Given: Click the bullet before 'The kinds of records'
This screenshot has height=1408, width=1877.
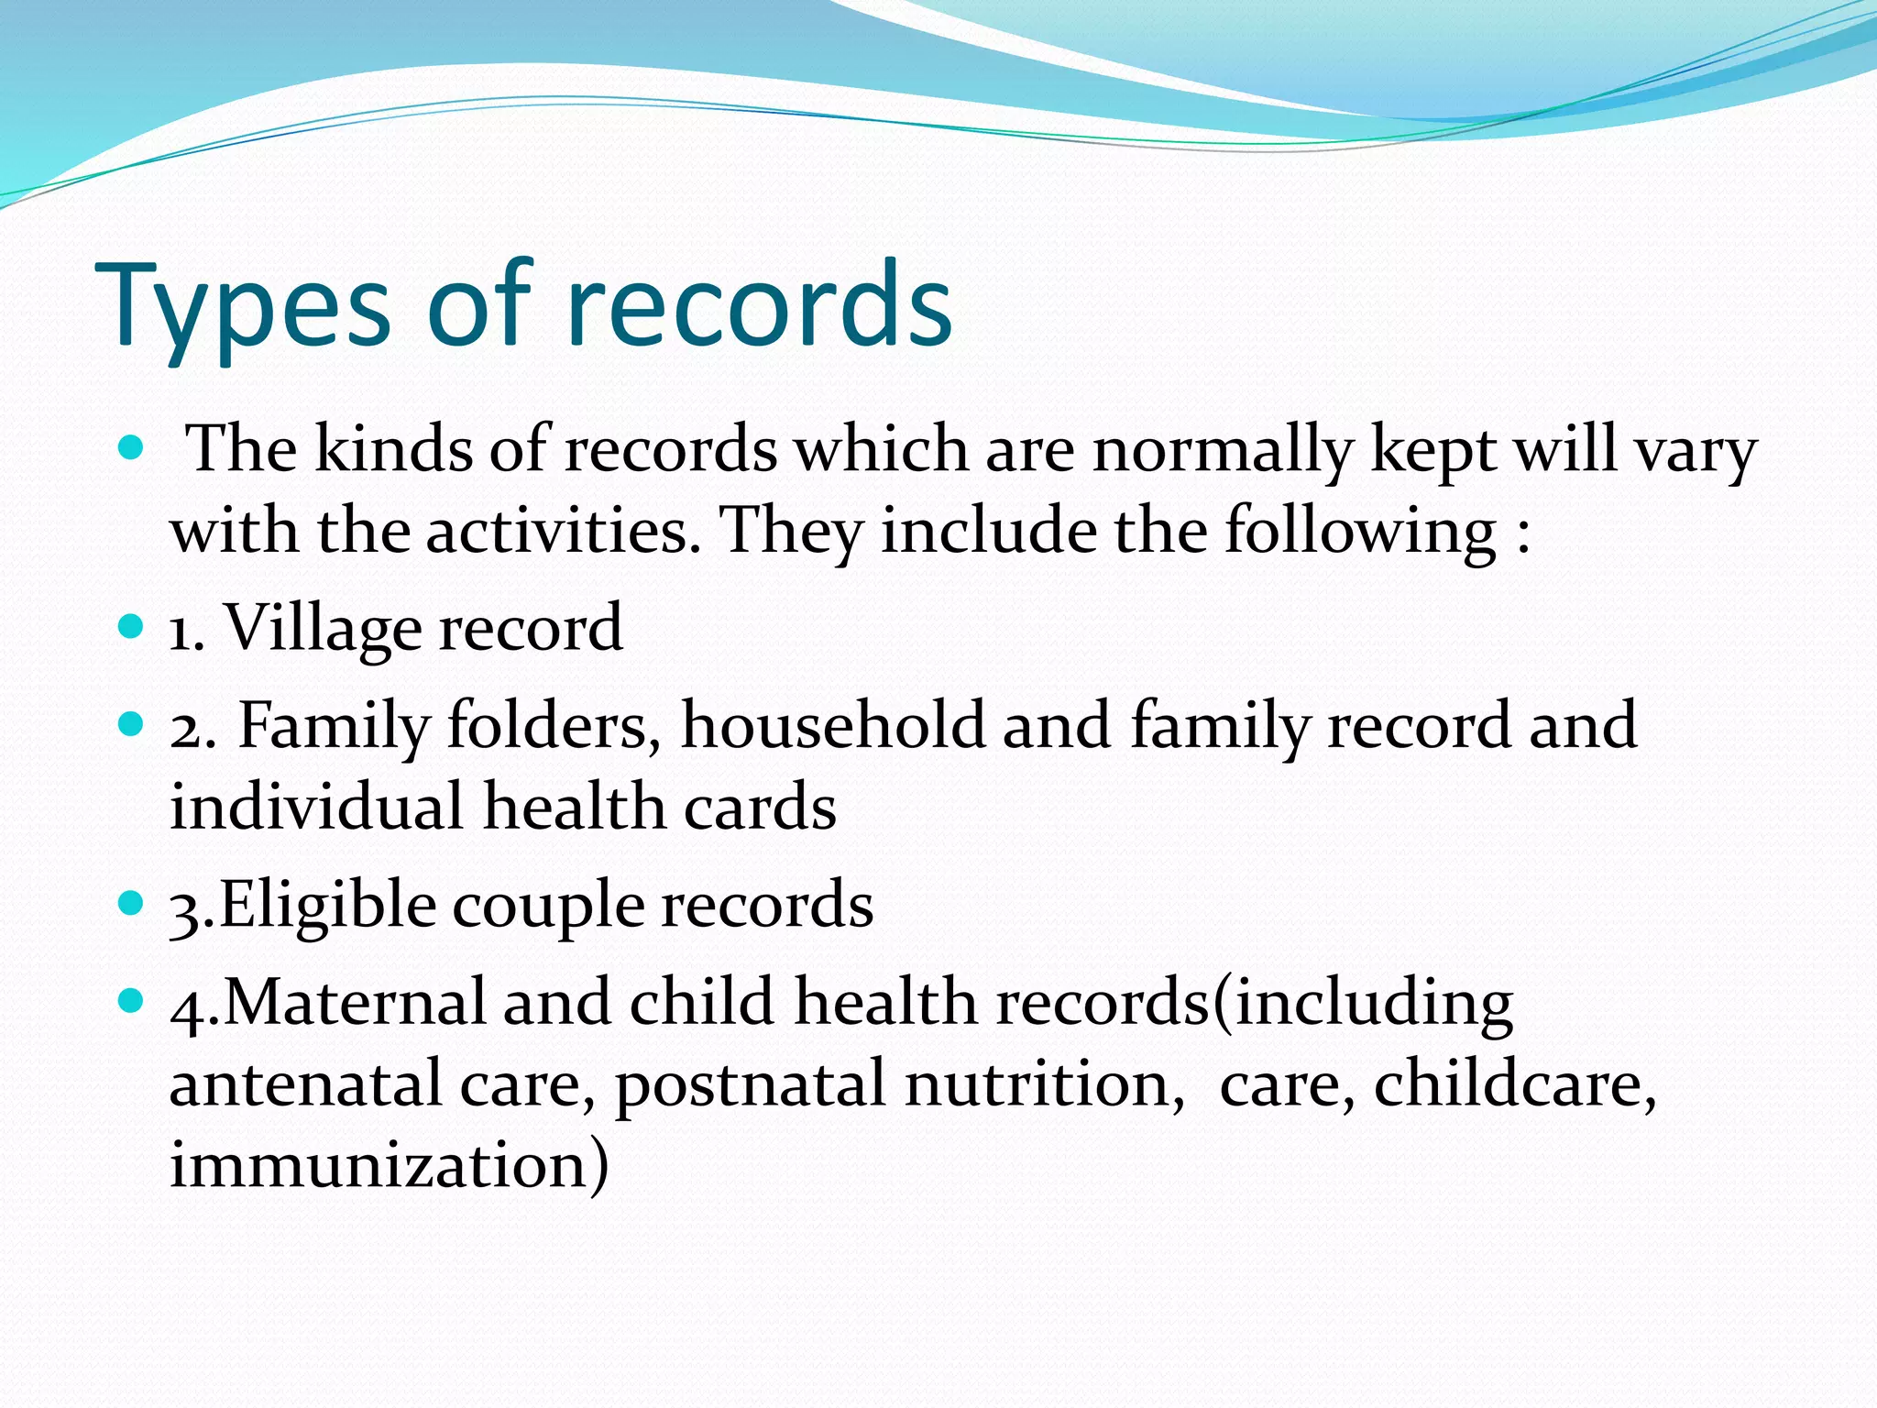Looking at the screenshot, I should coord(132,448).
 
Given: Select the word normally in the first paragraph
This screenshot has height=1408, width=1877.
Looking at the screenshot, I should coord(1223,452).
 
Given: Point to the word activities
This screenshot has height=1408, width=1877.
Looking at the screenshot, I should coord(557,532).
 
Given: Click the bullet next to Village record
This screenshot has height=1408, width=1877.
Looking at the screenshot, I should coord(132,627).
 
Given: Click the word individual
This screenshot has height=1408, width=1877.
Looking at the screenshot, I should coord(316,807).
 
